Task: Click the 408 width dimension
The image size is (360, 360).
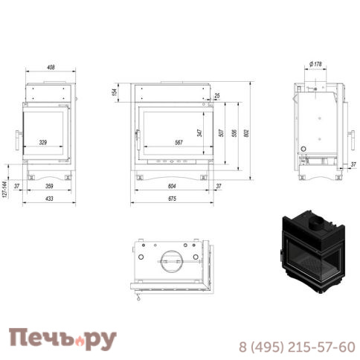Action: pos(51,68)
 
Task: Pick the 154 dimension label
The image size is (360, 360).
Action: pos(115,91)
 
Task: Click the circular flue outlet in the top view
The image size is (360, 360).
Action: pos(172,261)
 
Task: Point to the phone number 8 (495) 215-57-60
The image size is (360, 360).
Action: pos(297,346)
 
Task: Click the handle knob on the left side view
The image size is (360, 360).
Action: pos(15,138)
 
